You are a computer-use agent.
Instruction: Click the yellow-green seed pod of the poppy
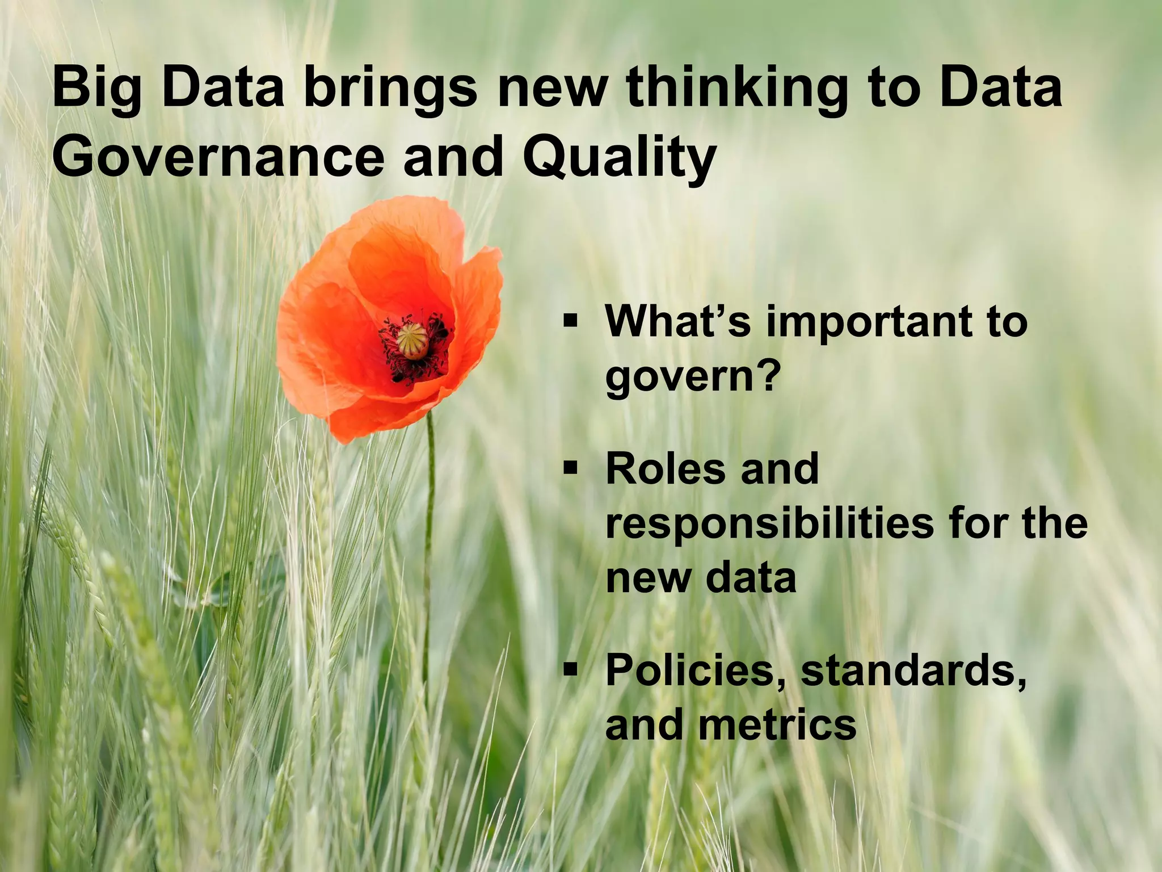coord(412,340)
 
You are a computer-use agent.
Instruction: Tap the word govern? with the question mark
coord(690,376)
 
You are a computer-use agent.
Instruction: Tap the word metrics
coord(777,725)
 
